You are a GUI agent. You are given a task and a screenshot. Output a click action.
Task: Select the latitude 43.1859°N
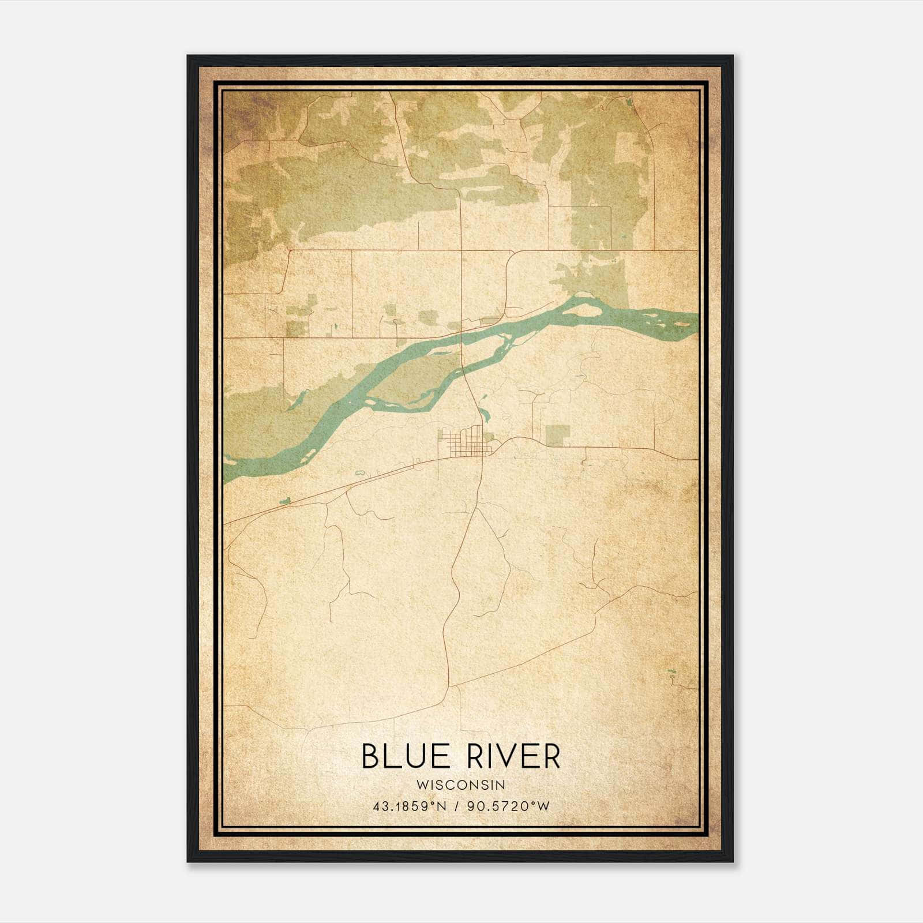coord(410,806)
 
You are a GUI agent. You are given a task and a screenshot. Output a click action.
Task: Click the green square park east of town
coord(557,435)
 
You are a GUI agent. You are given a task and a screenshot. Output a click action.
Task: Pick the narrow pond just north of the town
coord(483,413)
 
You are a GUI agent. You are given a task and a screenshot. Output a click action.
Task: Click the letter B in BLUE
coord(370,756)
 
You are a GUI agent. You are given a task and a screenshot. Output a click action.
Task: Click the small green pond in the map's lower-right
coord(670,671)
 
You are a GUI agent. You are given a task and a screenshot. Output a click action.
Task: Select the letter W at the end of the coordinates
coord(543,806)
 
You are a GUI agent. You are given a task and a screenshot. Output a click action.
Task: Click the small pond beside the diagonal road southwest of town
coord(283,501)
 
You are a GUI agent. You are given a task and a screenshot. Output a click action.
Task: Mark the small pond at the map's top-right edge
coord(628,103)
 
